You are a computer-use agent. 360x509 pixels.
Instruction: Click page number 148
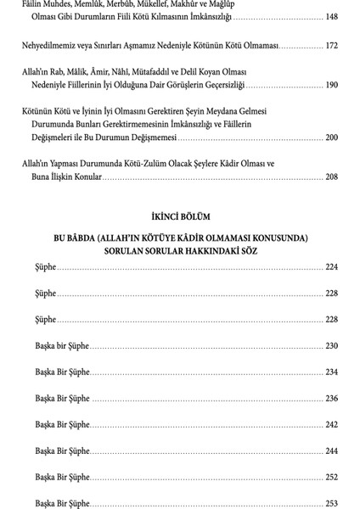[331, 16]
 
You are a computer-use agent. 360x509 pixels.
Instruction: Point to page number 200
[331, 137]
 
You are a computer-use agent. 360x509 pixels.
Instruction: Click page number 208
[331, 176]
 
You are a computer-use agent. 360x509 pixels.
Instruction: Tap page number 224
[331, 267]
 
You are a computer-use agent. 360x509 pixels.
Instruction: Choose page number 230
[331, 345]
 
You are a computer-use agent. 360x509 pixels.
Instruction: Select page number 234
[331, 372]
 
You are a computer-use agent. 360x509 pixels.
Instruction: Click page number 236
[331, 398]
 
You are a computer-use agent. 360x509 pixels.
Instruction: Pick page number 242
[331, 424]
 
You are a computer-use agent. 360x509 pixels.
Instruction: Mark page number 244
[331, 450]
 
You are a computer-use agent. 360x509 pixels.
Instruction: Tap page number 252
[331, 477]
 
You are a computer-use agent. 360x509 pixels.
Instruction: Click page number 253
[331, 503]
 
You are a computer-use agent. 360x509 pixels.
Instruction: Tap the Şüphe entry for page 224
[46, 267]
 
